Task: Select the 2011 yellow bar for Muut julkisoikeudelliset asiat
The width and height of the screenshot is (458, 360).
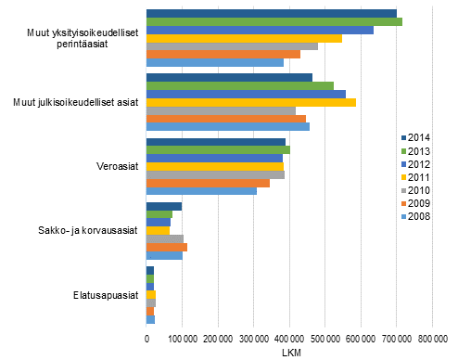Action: coord(251,102)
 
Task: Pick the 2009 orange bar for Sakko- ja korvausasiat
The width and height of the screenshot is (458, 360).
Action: coord(167,247)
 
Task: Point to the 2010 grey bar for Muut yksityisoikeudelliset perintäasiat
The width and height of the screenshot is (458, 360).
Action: coord(233,45)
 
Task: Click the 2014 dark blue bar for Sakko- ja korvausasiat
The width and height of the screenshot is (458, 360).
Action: coord(164,206)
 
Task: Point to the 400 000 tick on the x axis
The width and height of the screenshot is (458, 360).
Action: coord(289,340)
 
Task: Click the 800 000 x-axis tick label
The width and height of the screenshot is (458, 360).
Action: coord(432,340)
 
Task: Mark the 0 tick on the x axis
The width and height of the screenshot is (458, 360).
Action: coord(147,340)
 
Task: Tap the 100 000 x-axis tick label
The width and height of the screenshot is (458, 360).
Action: coord(183,340)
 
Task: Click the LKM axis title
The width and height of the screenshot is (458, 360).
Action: coord(289,354)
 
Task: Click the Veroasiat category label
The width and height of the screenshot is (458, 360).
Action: coord(119,167)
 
